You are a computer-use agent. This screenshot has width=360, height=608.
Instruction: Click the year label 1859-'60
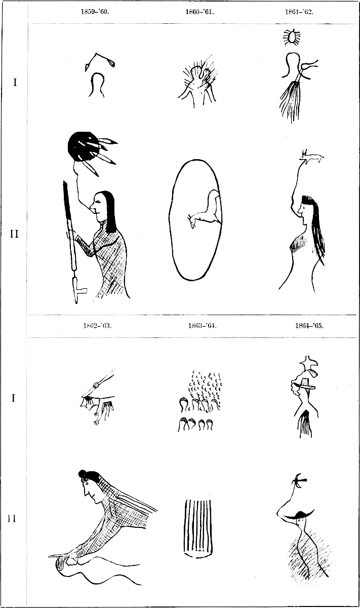(x=95, y=12)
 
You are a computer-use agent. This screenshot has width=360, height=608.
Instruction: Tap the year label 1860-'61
(x=199, y=12)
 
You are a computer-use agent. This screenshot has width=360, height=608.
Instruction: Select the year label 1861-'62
(x=299, y=12)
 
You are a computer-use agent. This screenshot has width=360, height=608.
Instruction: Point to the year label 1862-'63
(x=98, y=326)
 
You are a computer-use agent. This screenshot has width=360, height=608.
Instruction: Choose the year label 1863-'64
(x=203, y=326)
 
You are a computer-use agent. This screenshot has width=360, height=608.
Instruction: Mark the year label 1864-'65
(x=309, y=326)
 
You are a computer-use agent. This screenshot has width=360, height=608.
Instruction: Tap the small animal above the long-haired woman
(x=311, y=157)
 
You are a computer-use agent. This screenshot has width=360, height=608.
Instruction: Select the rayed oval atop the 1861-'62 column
(x=292, y=37)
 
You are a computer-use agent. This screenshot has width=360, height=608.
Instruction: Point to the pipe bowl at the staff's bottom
(x=80, y=292)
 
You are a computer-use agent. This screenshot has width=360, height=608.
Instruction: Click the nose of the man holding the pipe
(x=92, y=210)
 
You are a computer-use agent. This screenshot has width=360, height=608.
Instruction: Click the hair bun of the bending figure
(x=82, y=473)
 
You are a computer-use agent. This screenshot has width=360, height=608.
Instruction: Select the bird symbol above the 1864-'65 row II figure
(x=300, y=481)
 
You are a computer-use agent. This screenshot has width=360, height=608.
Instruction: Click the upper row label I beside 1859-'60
(x=16, y=82)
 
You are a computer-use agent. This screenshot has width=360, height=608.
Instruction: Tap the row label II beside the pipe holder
(x=14, y=234)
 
